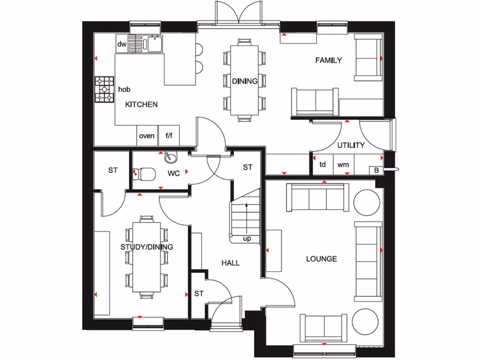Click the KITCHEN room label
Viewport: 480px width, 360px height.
tap(141, 105)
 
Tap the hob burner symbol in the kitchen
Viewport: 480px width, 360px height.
tap(105, 89)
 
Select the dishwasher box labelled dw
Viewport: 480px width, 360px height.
tap(122, 45)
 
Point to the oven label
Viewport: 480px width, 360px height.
tap(147, 136)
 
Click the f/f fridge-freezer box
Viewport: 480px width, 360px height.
tap(169, 136)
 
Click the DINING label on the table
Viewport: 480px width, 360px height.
tap(245, 81)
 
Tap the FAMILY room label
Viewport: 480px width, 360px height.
tap(328, 60)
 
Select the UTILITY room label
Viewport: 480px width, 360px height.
tap(351, 145)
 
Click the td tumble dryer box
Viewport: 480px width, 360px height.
tap(322, 165)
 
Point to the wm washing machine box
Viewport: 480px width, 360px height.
tap(343, 165)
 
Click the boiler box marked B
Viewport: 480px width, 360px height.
tap(376, 170)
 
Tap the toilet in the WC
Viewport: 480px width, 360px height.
tap(144, 174)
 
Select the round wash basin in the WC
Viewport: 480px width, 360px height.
tap(170, 158)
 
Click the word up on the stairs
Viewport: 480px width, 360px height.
tap(247, 239)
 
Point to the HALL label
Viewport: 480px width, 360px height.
tap(230, 263)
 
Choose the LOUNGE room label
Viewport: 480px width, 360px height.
tap(321, 259)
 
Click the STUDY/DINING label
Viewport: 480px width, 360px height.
tap(147, 247)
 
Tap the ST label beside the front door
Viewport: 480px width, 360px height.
tap(199, 294)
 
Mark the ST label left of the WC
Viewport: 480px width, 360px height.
tap(112, 170)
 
